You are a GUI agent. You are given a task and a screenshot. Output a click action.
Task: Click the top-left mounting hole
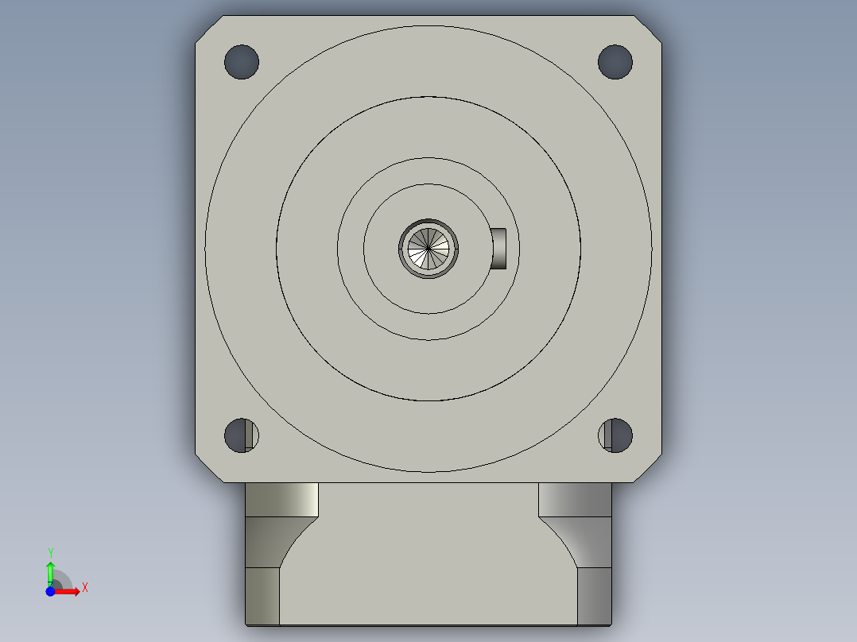pos(242,62)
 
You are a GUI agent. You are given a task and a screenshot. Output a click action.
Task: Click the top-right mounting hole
pos(615,62)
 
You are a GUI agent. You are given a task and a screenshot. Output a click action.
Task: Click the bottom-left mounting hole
pos(242,435)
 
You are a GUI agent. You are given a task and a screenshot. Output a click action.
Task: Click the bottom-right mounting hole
pos(615,435)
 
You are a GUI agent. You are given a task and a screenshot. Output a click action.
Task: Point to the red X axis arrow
pos(70,591)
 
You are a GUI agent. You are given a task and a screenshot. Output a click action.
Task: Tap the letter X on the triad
pos(85,588)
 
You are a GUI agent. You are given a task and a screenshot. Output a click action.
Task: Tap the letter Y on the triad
pos(50,552)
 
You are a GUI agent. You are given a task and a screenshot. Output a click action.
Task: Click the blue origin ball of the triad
pos(50,592)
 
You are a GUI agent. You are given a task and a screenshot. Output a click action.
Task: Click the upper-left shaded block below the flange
pos(281,499)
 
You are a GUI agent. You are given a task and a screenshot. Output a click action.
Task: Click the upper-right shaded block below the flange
pos(575,499)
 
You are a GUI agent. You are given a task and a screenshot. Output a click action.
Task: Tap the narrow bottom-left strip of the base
pos(262,596)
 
